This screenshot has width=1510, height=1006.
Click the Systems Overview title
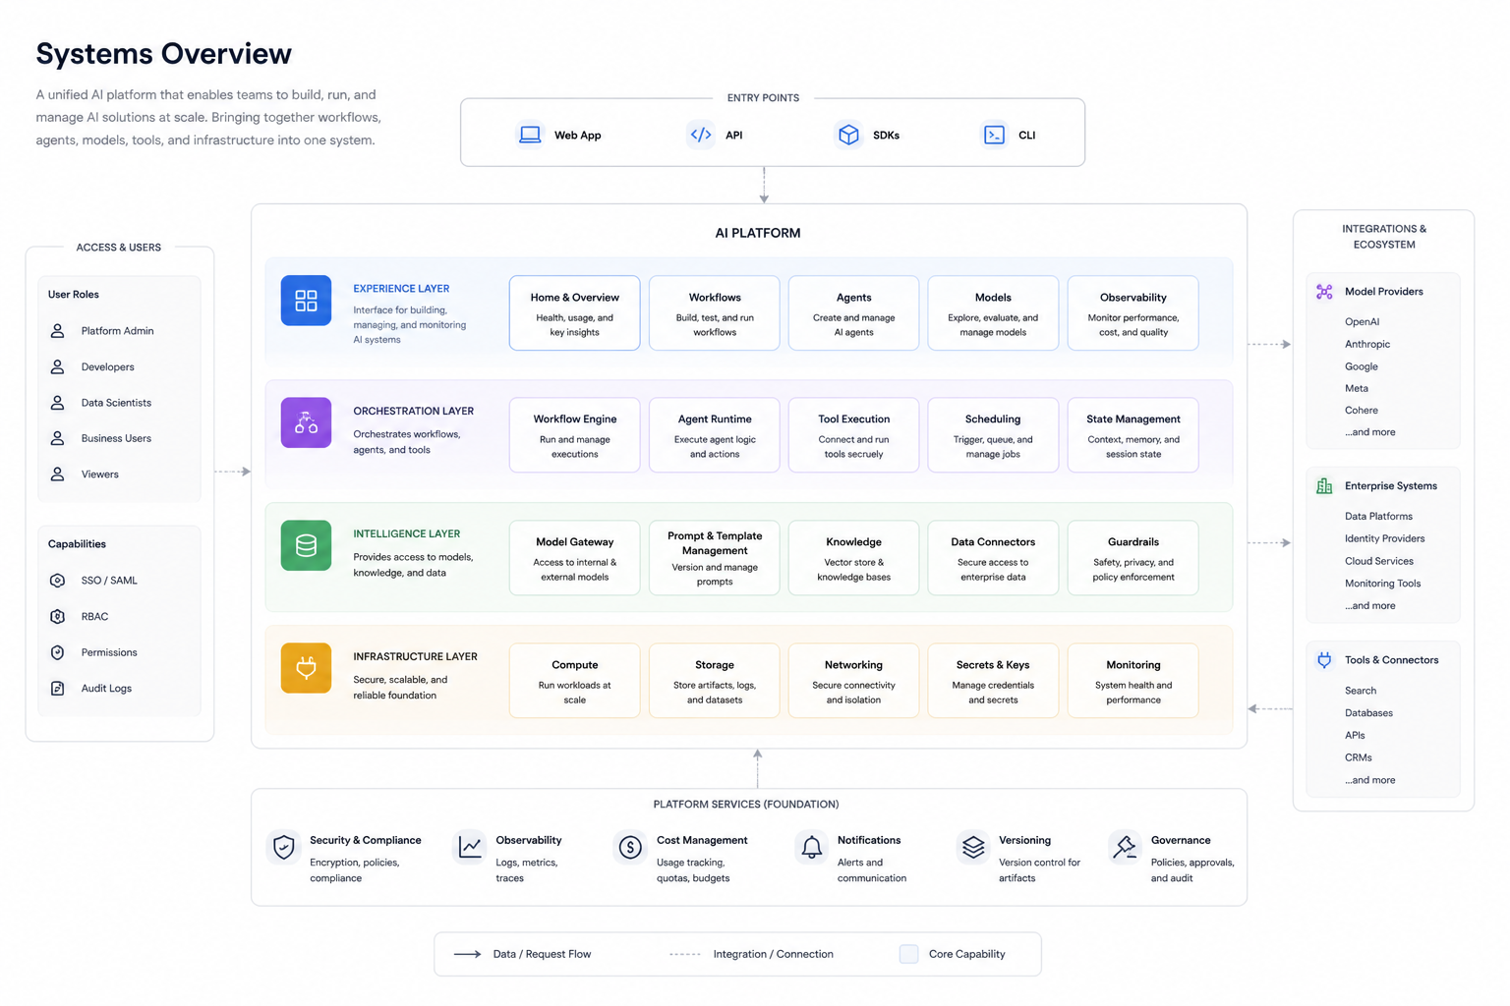[x=164, y=54]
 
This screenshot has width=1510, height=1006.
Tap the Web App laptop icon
[x=530, y=135]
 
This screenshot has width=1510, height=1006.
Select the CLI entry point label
[x=1026, y=135]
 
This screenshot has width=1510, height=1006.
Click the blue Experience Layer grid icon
[x=306, y=301]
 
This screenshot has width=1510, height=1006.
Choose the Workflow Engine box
[x=574, y=434]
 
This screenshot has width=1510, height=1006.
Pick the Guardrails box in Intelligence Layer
[x=1132, y=557]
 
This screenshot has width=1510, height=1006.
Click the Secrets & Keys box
[x=993, y=681]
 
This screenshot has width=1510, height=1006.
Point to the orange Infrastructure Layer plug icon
[x=306, y=668]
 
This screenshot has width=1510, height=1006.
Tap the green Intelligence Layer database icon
[x=306, y=545]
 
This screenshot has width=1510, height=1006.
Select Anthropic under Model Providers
[x=1367, y=344]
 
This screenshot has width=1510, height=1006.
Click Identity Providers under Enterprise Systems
[x=1384, y=538]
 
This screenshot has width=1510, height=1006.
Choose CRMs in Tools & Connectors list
[x=1359, y=757]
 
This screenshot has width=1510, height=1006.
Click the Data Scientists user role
[x=116, y=402]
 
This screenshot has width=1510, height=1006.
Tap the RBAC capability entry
[x=94, y=616]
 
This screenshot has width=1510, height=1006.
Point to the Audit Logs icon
[x=57, y=688]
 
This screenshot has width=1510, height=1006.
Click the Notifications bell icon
[x=812, y=847]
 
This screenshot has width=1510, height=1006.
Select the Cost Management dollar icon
[x=629, y=847]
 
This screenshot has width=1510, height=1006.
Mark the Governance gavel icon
[x=1125, y=846]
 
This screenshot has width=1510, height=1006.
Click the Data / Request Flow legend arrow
[x=467, y=954]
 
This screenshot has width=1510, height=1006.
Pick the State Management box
[x=1132, y=434]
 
